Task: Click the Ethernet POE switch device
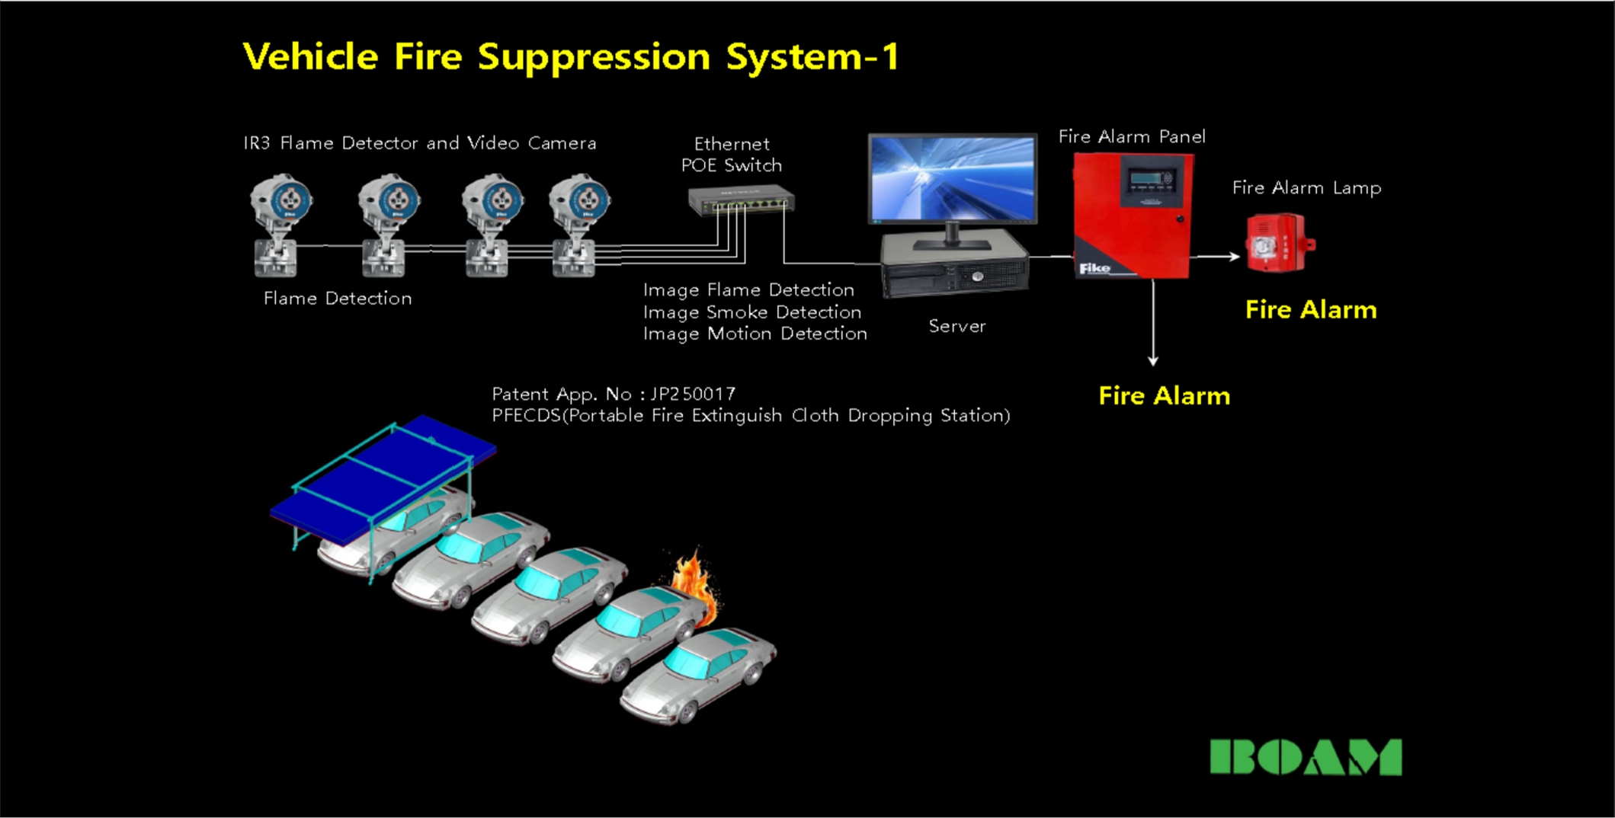(742, 201)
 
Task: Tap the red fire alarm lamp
(1277, 244)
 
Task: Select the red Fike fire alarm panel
(1133, 216)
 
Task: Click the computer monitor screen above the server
(952, 178)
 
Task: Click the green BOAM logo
(1306, 757)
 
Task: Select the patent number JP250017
(693, 394)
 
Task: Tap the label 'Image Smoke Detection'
(751, 312)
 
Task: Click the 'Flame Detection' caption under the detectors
(338, 299)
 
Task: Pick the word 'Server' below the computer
(957, 327)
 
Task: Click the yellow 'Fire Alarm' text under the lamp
(1311, 310)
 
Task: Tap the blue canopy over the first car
(381, 476)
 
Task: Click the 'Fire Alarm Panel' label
(1132, 137)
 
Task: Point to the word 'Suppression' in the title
(594, 58)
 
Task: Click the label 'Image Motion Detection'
(755, 334)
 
